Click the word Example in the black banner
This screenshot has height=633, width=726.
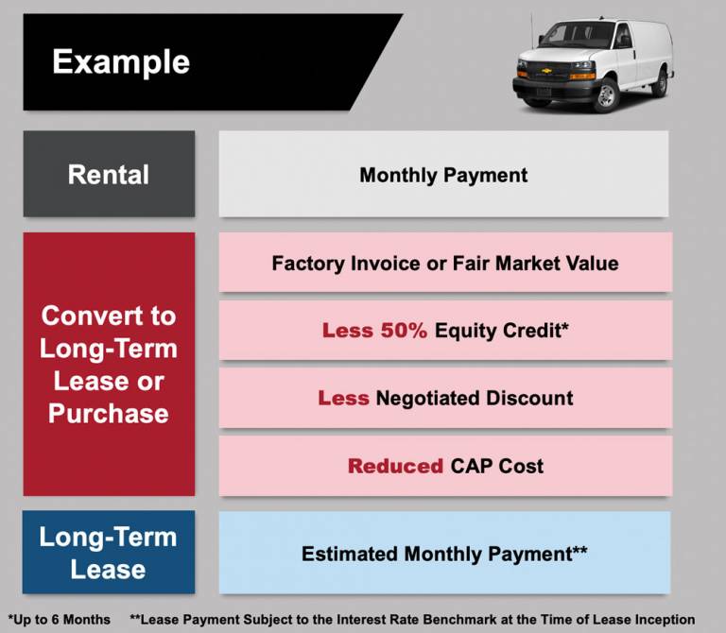121,62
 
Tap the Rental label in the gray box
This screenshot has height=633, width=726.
109,175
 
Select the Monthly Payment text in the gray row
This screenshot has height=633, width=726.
443,176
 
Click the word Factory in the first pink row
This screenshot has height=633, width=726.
308,264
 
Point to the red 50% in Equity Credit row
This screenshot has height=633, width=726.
404,331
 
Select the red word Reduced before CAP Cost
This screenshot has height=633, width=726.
395,466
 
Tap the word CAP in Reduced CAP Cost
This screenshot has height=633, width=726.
471,466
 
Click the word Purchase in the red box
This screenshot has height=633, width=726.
109,413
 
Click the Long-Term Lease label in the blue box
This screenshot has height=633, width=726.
109,553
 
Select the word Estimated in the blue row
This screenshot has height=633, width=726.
350,554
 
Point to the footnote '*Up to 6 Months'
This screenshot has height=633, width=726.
60,620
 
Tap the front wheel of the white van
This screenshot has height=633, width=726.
605,95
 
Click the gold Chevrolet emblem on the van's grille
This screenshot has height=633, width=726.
546,71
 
